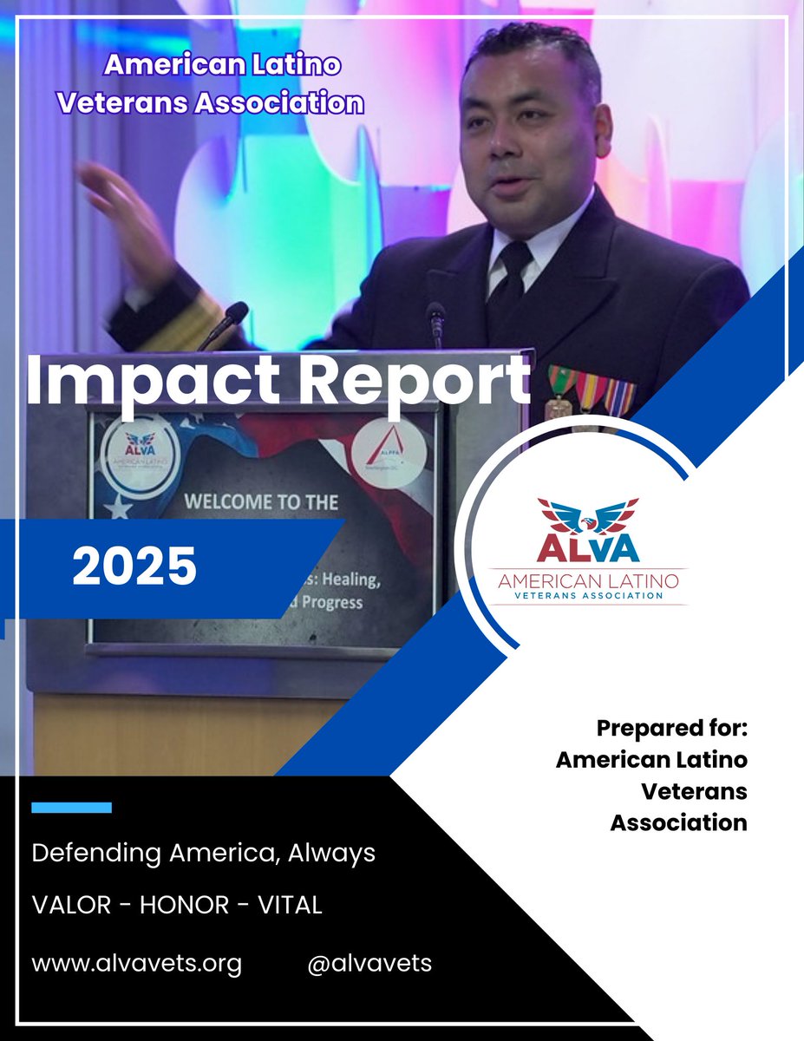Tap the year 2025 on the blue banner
coord(134,567)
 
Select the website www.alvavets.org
coord(136,963)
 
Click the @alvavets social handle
coord(369,963)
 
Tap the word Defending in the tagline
coord(82,853)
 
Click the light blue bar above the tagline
coord(71,808)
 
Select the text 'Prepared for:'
coord(671,728)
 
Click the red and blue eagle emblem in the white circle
coord(587,515)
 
